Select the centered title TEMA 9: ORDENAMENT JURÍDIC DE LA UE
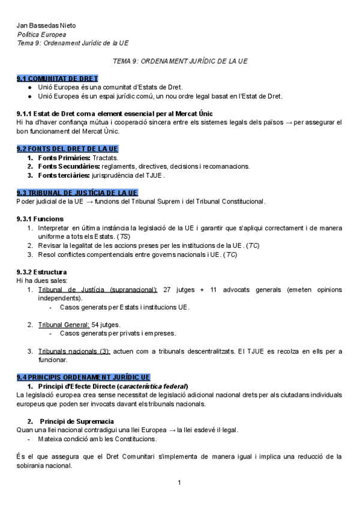pyautogui.click(x=180, y=61)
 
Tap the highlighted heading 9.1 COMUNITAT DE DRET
pyautogui.click(x=58, y=79)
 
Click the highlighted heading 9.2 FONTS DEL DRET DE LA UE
pyautogui.click(x=68, y=148)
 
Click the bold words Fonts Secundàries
pyautogui.click(x=68, y=166)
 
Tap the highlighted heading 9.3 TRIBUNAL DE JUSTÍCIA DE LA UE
pyautogui.click(x=77, y=192)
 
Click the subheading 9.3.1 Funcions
pyautogui.click(x=40, y=218)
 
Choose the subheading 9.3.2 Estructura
pyautogui.click(x=42, y=272)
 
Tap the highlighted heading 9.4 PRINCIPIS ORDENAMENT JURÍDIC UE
pyautogui.click(x=83, y=377)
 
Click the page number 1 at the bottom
pyautogui.click(x=179, y=483)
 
